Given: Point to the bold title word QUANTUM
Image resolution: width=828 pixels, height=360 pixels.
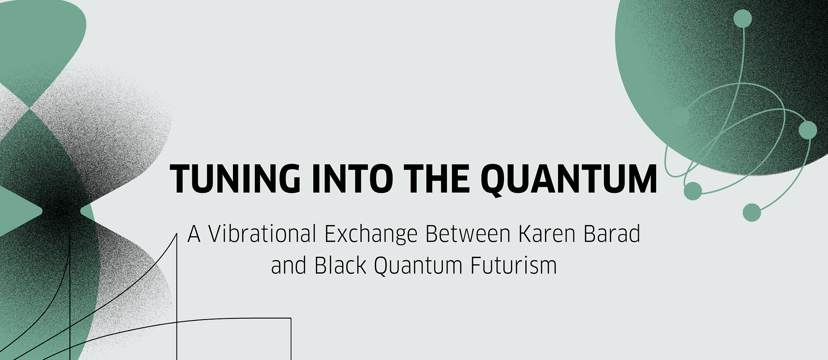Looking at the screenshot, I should tap(569, 179).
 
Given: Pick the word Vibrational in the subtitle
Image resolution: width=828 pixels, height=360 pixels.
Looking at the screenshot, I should tap(262, 234).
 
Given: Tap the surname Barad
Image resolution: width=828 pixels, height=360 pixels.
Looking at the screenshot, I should tap(612, 234).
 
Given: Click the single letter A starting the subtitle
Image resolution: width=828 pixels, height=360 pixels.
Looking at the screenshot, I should tap(194, 234).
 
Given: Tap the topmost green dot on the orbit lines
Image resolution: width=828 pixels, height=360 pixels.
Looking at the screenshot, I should tap(743, 19).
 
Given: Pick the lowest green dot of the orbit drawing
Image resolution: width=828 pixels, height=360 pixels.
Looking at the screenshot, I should tap(752, 212).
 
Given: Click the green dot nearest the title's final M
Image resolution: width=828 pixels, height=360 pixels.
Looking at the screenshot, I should tap(692, 191).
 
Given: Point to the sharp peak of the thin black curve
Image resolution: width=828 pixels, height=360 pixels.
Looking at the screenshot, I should tap(176, 234).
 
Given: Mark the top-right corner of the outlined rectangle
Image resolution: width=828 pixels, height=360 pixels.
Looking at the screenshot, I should tap(291, 318).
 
